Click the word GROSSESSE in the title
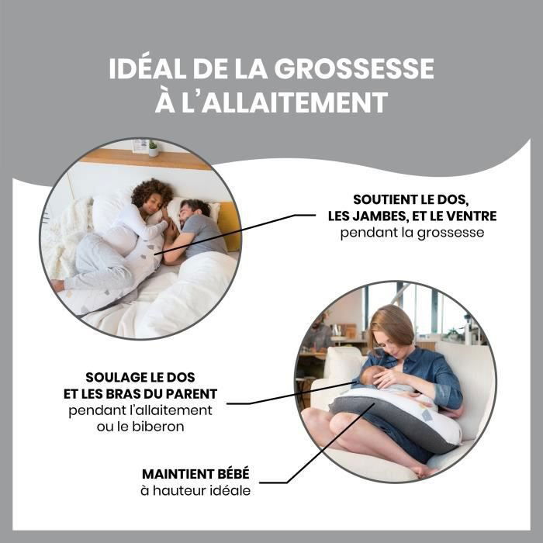(x=354, y=68)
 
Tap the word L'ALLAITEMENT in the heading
(x=285, y=102)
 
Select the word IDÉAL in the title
(x=148, y=68)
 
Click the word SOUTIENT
(x=385, y=199)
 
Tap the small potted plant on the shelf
(x=153, y=149)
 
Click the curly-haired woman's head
(x=152, y=196)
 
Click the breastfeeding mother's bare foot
(x=425, y=470)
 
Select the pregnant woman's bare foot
(x=57, y=285)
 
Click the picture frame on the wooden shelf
(x=140, y=146)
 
